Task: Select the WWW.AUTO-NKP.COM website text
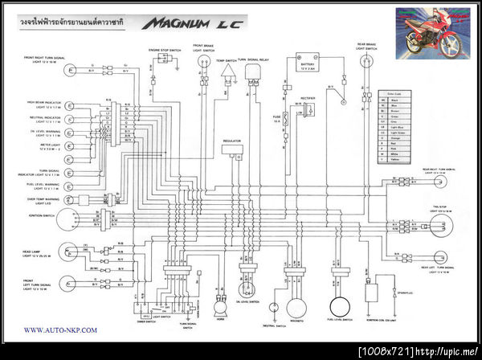(60, 329)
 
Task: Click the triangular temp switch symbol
(229, 72)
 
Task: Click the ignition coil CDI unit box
(372, 290)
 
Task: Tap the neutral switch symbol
(274, 306)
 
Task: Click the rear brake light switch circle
(367, 60)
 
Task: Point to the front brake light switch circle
(202, 61)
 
